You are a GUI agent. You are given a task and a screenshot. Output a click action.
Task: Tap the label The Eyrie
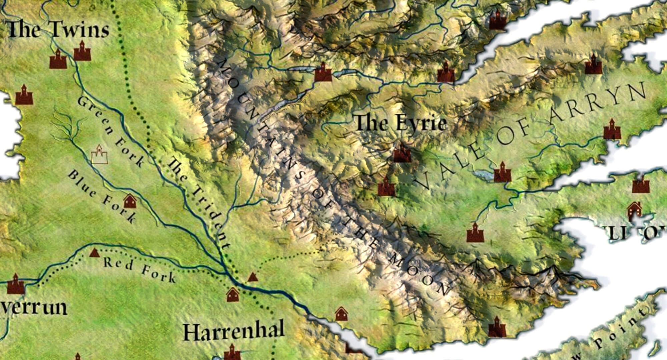[401, 123]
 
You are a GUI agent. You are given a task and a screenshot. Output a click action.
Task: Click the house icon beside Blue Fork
[130, 201]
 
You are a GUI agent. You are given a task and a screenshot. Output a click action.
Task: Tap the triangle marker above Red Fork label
[94, 253]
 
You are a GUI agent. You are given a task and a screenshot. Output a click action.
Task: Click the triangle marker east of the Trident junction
[253, 277]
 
